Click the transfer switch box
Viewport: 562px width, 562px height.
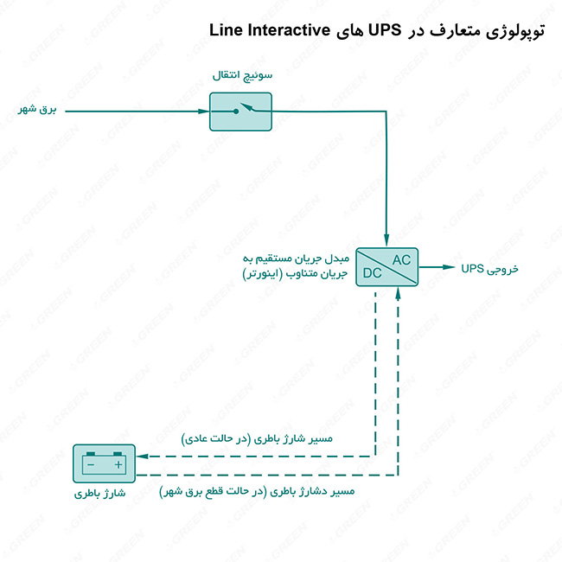tap(240, 112)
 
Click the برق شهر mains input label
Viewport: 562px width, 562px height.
tap(37, 111)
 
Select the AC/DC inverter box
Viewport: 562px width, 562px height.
tap(386, 266)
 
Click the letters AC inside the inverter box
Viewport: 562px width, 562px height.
tap(402, 259)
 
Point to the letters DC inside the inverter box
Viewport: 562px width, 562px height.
tap(373, 275)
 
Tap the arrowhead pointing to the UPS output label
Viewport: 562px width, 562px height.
tap(450, 267)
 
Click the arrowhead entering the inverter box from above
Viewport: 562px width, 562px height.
tap(386, 239)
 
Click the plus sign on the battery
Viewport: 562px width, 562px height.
tap(118, 465)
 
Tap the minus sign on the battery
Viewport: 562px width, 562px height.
tap(89, 465)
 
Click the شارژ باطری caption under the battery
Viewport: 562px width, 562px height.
tap(103, 495)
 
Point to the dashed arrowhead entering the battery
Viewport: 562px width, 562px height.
tap(142, 456)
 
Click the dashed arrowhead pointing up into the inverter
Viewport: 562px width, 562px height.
tap(398, 292)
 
